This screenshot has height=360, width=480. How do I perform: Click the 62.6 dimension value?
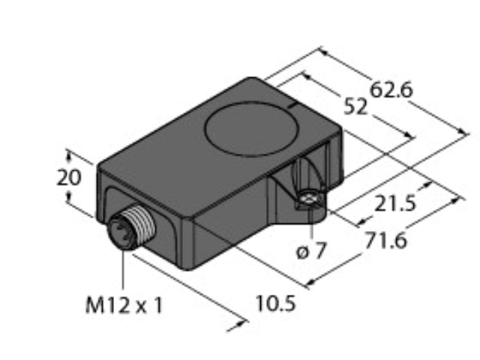pos(391,90)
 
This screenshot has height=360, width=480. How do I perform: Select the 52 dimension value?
pos(355,106)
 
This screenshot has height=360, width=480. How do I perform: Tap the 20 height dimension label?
pos(69,178)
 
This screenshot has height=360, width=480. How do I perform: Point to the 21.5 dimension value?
pos(395,204)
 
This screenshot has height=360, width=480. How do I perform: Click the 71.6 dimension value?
pos(386,240)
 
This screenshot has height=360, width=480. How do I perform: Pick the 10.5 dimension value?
pos(276,303)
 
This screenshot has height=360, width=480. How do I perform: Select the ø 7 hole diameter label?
pos(310,252)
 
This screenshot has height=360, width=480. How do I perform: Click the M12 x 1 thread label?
pos(124,305)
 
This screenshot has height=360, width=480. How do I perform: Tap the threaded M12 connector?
pos(132,226)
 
